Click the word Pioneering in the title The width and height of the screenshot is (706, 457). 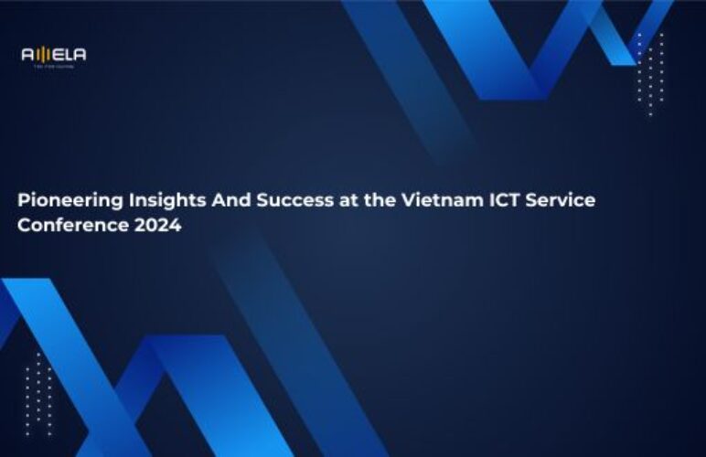click(x=64, y=200)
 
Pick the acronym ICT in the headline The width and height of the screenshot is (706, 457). click(x=503, y=200)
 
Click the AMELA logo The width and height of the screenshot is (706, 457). click(x=54, y=56)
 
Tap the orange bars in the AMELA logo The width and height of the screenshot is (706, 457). click(x=41, y=55)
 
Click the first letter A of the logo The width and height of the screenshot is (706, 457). click(x=27, y=55)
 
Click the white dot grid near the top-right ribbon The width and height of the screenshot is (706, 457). click(x=650, y=74)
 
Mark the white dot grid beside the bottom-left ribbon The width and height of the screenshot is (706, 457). click(x=37, y=393)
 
